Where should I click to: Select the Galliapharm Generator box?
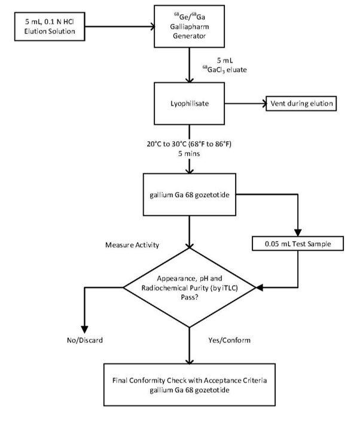(x=189, y=26)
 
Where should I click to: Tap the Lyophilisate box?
(x=189, y=104)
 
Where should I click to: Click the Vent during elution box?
(x=302, y=104)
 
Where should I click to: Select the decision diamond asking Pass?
(x=189, y=287)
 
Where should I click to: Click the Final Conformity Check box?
(x=189, y=383)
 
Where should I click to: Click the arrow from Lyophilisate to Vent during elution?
(x=243, y=104)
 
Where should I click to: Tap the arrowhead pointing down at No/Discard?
(x=84, y=327)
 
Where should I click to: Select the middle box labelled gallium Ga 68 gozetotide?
(x=189, y=194)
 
